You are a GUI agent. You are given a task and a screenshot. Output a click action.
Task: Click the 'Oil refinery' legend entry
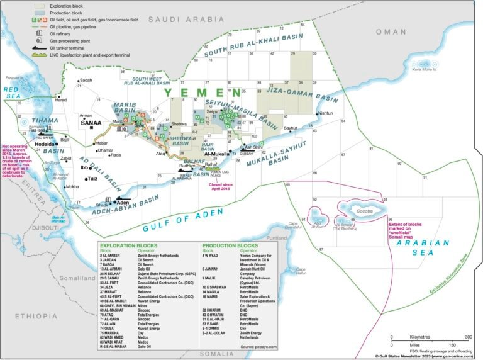[x=63, y=35]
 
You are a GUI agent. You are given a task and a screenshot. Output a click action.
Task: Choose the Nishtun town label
[x=326, y=113]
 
